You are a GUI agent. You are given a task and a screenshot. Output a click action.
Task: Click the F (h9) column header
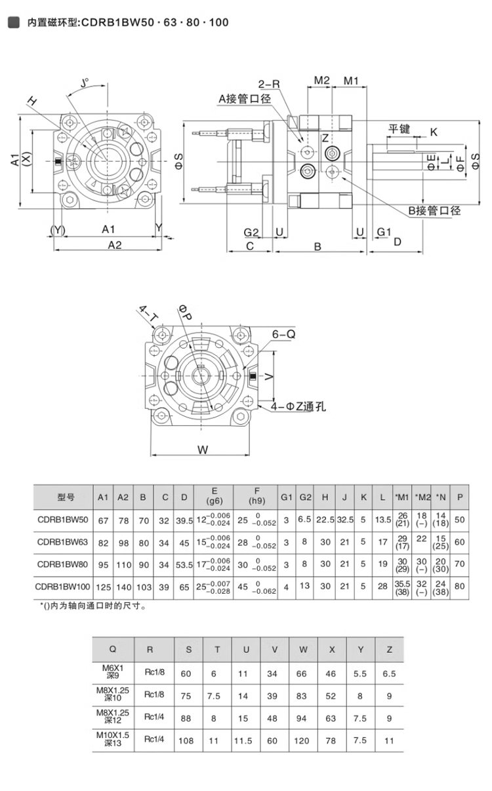click(x=256, y=496)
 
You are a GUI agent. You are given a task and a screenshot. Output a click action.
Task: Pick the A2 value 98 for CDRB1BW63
click(x=123, y=542)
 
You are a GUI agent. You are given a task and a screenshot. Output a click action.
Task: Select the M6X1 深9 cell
click(x=113, y=673)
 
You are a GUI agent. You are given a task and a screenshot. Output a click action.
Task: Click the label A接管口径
click(x=245, y=99)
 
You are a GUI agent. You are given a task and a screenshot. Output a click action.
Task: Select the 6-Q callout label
click(x=283, y=334)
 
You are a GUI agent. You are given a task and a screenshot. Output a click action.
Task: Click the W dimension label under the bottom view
click(x=203, y=450)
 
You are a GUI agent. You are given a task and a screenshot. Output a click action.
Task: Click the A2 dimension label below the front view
click(x=115, y=244)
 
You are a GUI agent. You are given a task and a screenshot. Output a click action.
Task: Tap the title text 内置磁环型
click(x=52, y=23)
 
